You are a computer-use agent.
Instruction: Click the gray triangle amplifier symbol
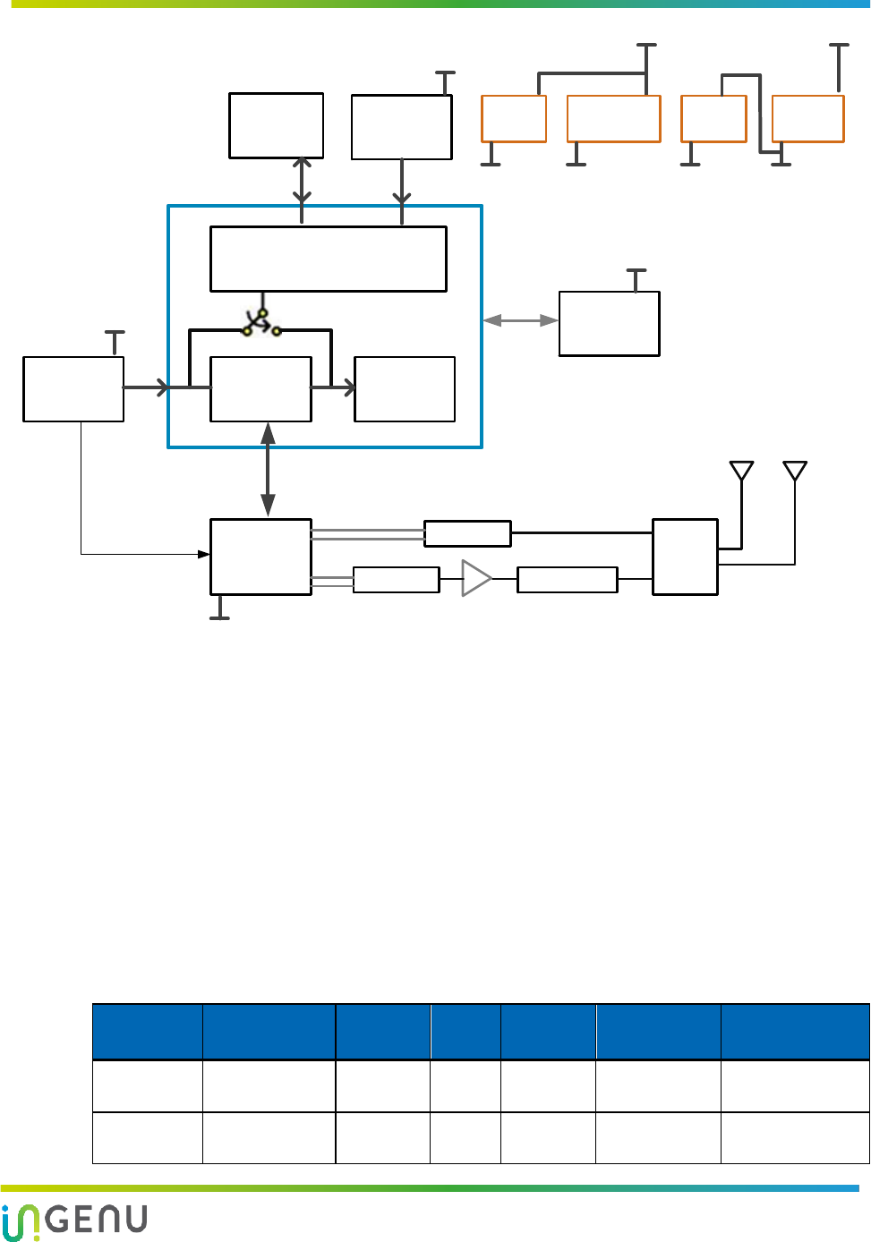point(476,579)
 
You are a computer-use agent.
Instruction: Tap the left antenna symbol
point(741,471)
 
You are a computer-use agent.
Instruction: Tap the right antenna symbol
point(795,471)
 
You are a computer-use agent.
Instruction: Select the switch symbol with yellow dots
point(261,323)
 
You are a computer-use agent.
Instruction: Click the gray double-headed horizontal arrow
point(520,320)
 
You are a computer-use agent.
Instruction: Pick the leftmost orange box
point(514,119)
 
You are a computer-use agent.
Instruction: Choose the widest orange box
point(614,119)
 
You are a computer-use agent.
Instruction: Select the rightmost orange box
point(808,119)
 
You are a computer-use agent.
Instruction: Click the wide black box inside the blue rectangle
point(329,259)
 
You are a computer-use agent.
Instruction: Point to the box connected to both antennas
point(685,557)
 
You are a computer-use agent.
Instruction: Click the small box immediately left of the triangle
point(397,580)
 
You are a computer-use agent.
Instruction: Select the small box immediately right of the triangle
point(568,580)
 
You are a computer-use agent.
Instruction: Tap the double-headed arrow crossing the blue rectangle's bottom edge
point(268,470)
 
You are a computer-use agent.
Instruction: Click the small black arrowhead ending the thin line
point(204,555)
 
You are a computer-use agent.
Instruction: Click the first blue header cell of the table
point(148,1032)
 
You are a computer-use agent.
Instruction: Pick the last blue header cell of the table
point(795,1032)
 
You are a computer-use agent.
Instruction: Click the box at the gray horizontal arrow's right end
point(610,324)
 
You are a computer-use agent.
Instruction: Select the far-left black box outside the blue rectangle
point(73,389)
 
